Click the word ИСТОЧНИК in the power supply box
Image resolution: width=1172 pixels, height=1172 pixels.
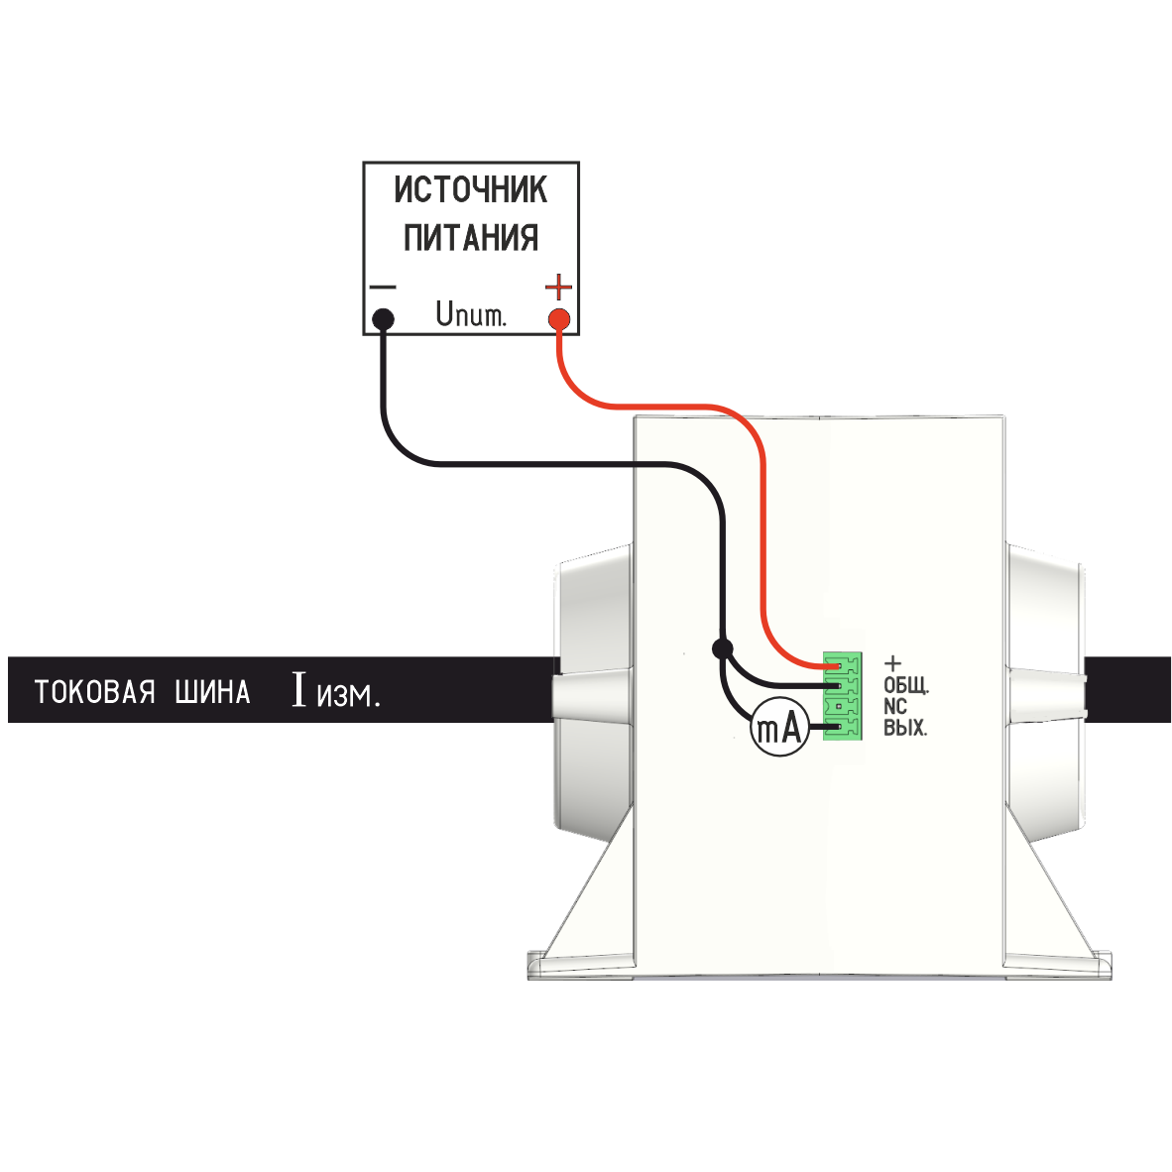click(x=470, y=188)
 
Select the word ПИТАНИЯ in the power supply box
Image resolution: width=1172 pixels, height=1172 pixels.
click(x=470, y=238)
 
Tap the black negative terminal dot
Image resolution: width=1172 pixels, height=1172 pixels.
click(x=383, y=319)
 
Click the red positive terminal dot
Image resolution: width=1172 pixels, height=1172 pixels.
click(x=559, y=319)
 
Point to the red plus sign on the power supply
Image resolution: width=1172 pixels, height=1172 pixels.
click(x=559, y=288)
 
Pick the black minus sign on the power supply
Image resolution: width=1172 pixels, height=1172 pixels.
click(x=383, y=288)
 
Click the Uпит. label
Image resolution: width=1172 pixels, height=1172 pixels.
click(x=470, y=316)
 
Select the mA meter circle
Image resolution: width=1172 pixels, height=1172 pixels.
click(x=778, y=729)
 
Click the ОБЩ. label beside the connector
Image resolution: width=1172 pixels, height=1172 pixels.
click(x=905, y=685)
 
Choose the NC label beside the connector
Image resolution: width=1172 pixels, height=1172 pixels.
click(x=894, y=707)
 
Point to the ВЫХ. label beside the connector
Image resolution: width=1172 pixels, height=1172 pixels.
click(x=904, y=729)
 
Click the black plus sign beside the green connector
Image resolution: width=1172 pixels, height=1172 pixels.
click(x=892, y=662)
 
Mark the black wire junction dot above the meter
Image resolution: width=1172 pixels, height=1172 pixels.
click(x=723, y=648)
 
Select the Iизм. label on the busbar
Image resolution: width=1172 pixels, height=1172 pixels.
click(x=335, y=690)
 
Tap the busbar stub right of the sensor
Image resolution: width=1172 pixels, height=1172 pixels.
click(x=1128, y=689)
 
